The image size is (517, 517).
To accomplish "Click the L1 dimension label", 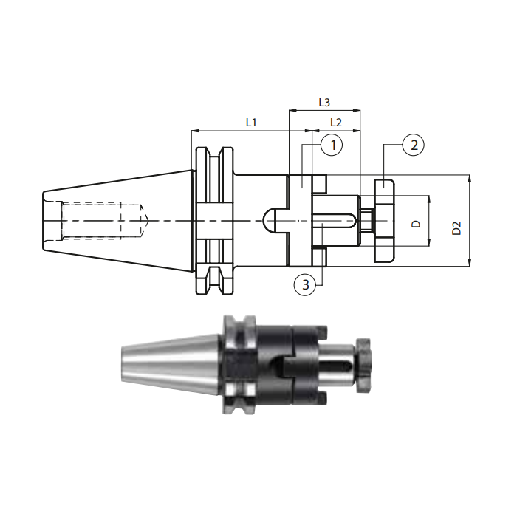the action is click(251, 123).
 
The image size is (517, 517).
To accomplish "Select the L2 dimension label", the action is click(335, 123).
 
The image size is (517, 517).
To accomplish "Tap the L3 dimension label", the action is click(324, 103).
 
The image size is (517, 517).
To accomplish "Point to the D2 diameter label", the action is click(456, 227).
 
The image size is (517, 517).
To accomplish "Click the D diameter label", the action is click(417, 224).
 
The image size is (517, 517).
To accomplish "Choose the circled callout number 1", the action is click(332, 145).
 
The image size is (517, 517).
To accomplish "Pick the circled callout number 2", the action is click(414, 145).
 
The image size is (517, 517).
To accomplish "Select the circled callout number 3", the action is click(305, 284).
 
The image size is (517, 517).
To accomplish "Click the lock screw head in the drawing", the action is click(384, 221).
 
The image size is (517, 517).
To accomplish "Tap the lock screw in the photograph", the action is click(363, 366).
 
